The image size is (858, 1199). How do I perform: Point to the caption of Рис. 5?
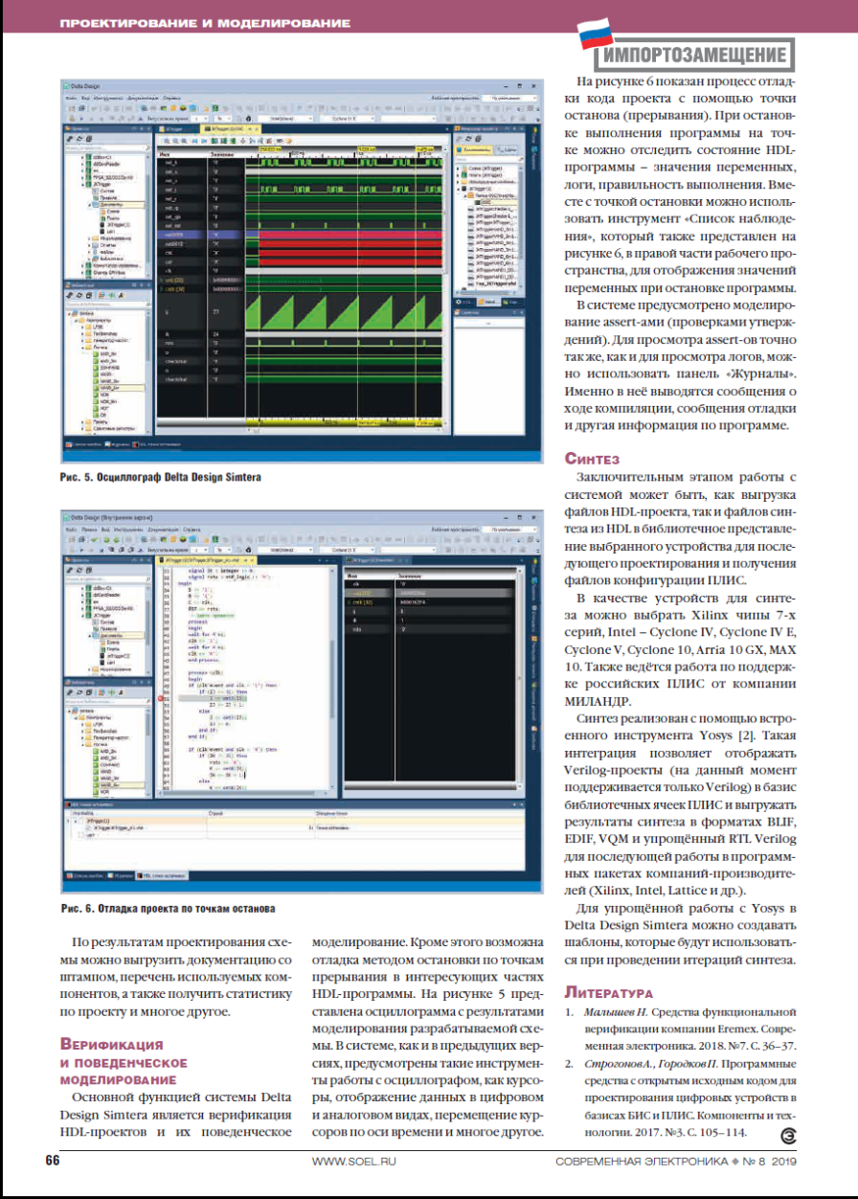pyautogui.click(x=160, y=476)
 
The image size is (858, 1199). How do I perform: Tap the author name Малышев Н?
pyautogui.click(x=616, y=1012)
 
